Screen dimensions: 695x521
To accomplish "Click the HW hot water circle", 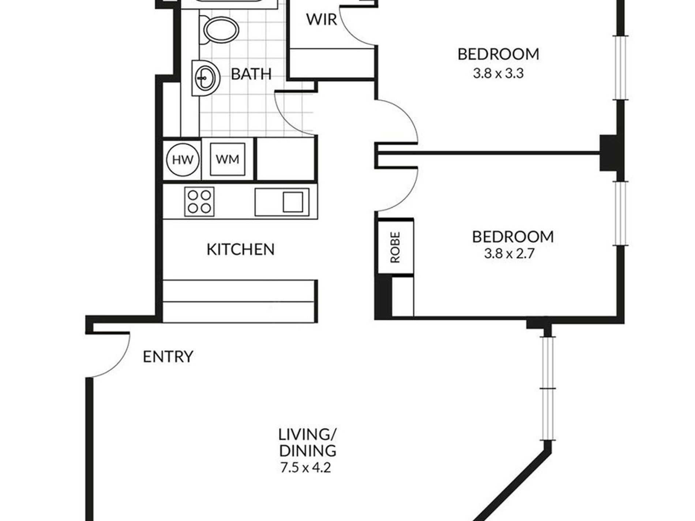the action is (x=183, y=160).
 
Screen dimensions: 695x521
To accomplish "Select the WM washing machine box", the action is (x=228, y=159).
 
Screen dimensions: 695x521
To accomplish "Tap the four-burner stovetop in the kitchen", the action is (x=199, y=201).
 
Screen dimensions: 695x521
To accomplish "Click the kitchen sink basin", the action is (x=293, y=202).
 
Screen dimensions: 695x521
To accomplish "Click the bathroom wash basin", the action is (x=206, y=78).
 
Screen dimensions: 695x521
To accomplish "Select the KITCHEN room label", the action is (x=240, y=249).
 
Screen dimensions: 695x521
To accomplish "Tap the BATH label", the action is (x=251, y=74).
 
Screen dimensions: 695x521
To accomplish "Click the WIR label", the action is (x=322, y=19).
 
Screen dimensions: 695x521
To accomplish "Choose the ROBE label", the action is (x=395, y=247).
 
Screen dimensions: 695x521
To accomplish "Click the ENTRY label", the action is (x=168, y=356).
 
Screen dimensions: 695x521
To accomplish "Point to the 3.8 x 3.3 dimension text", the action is (x=498, y=73).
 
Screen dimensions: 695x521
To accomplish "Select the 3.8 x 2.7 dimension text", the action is (x=510, y=253).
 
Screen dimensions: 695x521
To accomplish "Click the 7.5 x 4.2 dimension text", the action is (x=306, y=468).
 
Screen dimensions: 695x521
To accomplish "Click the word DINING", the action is (x=308, y=451).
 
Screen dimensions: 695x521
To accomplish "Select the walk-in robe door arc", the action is (x=351, y=35).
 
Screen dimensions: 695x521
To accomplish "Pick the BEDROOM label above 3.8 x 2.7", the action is (x=513, y=237).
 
